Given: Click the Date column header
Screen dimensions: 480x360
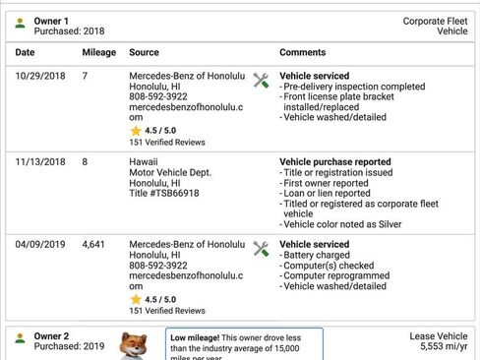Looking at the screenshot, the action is [25, 51].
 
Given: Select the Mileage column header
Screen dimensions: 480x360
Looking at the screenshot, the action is [97, 51].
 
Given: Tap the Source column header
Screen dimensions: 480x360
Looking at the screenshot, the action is [144, 51].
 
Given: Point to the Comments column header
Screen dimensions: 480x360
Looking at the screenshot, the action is [303, 51].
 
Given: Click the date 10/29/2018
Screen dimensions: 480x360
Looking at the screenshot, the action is [40, 76].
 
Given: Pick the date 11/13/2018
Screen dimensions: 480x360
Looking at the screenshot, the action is [40, 161].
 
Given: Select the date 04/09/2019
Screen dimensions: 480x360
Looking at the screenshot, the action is [40, 244].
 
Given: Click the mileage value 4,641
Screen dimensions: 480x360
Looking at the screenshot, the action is [94, 244].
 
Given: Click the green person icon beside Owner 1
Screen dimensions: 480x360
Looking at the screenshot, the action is [20, 23].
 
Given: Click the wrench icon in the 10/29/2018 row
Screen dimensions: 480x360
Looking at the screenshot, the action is [261, 81].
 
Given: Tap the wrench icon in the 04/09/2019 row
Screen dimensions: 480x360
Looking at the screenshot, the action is [261, 249].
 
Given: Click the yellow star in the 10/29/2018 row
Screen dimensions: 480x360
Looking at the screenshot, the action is [136, 130].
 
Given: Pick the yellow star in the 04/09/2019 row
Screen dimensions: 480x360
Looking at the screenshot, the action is [136, 299].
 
